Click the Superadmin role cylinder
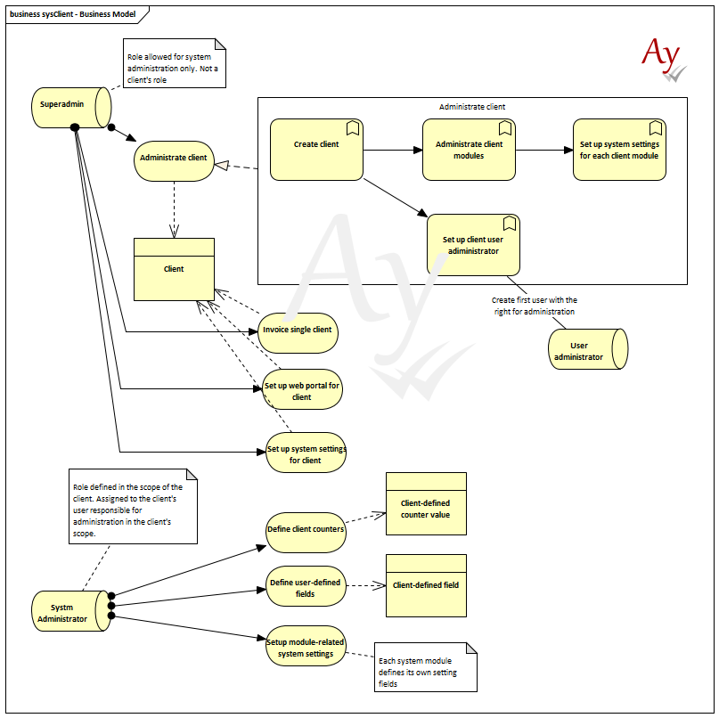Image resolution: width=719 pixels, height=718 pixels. pos(71,107)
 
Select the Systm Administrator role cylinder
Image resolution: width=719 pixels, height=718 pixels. pos(71,611)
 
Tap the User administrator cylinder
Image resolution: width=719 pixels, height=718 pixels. pos(588,349)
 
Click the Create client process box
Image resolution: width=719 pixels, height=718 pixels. pos(316,150)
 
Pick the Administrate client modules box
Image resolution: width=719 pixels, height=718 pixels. pos(469,150)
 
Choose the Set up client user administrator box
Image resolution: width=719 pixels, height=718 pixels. pos(473,245)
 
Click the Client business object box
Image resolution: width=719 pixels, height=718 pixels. pos(174,269)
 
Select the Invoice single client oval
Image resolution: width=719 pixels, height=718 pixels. pos(298,333)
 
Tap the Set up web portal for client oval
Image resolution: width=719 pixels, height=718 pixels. pos(302,389)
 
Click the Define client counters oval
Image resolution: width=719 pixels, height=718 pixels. pos(306,533)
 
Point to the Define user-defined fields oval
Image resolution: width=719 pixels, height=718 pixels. pos(306,586)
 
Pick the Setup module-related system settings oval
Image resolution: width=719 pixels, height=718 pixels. pos(306,646)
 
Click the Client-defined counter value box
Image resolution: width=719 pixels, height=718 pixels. pos(426,503)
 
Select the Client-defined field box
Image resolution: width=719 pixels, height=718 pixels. pos(426,585)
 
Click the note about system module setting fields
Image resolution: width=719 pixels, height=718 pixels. pos(426,667)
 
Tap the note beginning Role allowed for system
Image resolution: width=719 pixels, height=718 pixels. pos(175,63)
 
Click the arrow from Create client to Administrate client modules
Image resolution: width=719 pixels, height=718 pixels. pos(393,150)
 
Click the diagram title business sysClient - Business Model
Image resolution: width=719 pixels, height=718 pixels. pos(72,14)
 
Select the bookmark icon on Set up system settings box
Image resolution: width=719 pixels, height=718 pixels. pos(656,128)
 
